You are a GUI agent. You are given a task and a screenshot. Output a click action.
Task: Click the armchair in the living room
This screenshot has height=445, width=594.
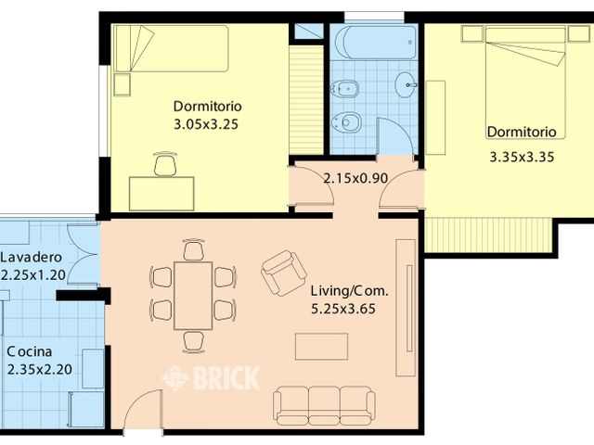[x=283, y=272]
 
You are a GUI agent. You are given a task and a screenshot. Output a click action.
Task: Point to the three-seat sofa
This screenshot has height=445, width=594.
[x=324, y=405]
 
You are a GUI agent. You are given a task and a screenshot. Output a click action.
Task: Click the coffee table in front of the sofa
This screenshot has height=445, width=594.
[x=321, y=346]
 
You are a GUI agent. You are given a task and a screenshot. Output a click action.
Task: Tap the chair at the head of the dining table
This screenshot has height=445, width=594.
[x=193, y=250]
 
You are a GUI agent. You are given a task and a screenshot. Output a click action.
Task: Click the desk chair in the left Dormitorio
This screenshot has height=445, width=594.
[x=165, y=165]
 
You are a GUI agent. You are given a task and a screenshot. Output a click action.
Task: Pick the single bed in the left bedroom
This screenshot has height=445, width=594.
[x=172, y=48]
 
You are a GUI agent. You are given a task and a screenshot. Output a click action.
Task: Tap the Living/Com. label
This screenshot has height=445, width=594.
[x=350, y=290]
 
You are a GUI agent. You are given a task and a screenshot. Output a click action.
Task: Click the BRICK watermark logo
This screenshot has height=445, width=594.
[x=211, y=378]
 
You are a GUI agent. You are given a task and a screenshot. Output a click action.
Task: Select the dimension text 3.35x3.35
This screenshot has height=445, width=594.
[x=522, y=157]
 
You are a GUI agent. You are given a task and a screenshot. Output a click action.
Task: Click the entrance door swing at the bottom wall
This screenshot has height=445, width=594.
[x=144, y=413]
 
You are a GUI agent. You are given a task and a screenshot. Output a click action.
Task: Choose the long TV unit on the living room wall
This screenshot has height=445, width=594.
[x=405, y=307]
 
